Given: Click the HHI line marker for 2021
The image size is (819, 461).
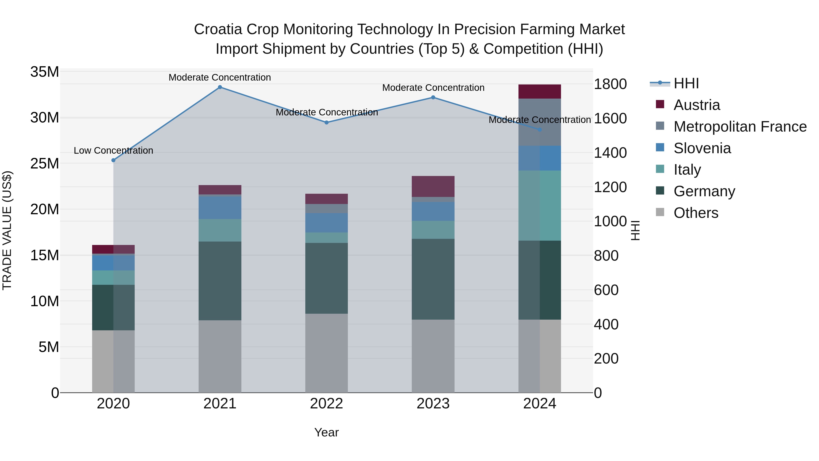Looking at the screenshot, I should pyautogui.click(x=220, y=87).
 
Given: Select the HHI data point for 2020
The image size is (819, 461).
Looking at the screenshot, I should pyautogui.click(x=113, y=160).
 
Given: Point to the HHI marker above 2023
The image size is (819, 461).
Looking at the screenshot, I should pyautogui.click(x=433, y=97).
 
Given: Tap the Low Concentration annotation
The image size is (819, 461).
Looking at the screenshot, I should pyautogui.click(x=113, y=150).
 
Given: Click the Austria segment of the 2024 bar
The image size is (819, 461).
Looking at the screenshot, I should pyautogui.click(x=540, y=92).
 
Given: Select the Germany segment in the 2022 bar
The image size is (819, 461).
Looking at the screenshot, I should pyautogui.click(x=326, y=278).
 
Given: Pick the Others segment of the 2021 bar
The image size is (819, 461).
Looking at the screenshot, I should pyautogui.click(x=220, y=356).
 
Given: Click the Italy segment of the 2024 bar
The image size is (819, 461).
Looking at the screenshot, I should pyautogui.click(x=540, y=206).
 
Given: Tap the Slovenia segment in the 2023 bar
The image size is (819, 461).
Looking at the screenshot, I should pyautogui.click(x=433, y=211).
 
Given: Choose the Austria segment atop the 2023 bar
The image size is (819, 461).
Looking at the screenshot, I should pyautogui.click(x=433, y=186).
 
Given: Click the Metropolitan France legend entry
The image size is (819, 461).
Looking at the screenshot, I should pyautogui.click(x=740, y=127).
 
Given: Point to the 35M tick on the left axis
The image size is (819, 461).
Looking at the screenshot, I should pyautogui.click(x=45, y=72).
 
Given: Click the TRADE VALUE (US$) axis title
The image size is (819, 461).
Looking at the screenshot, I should pyautogui.click(x=7, y=230).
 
